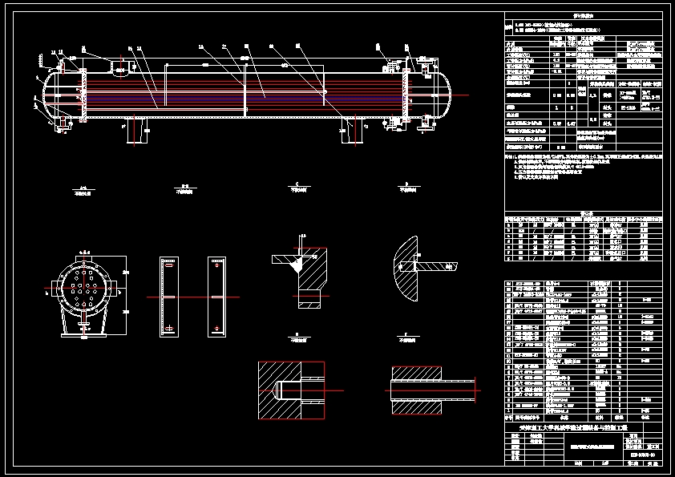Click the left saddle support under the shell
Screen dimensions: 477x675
click(x=137, y=131)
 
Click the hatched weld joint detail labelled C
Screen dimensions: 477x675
click(x=301, y=273)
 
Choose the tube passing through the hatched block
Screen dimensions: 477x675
click(x=433, y=390)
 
